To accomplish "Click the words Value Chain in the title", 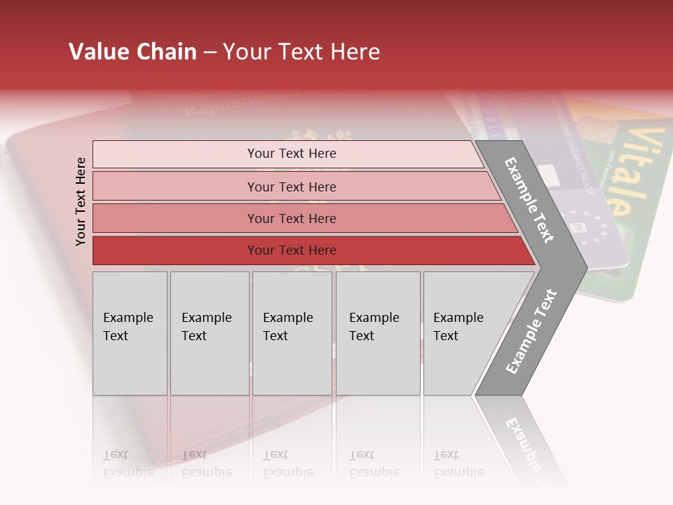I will (x=132, y=52).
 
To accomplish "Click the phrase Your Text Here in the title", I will (x=301, y=52).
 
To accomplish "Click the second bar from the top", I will (x=292, y=187).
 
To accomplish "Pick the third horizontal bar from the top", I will (x=292, y=218).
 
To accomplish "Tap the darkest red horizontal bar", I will (x=292, y=250).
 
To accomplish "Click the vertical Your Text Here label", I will (x=81, y=201).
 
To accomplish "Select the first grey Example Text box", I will (x=130, y=333).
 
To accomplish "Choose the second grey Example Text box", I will (x=209, y=333).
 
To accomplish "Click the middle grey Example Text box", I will (x=292, y=333).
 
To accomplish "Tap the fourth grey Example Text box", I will (x=377, y=333).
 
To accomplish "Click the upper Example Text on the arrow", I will (x=529, y=199).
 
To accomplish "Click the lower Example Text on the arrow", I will (x=531, y=331).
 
